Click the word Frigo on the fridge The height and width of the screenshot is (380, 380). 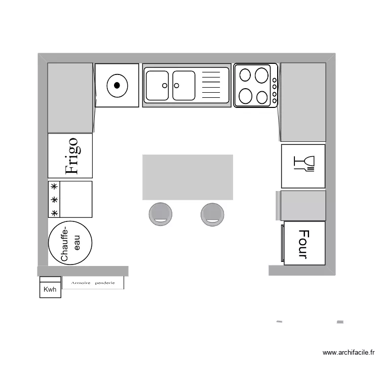click(x=71, y=156)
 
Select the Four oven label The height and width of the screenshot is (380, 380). click(x=303, y=244)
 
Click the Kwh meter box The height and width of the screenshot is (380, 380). click(x=50, y=290)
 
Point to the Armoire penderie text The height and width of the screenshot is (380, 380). click(x=93, y=283)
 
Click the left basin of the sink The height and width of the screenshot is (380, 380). click(x=157, y=85)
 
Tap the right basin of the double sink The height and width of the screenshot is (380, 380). click(x=183, y=85)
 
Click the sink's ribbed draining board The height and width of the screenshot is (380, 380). click(x=211, y=85)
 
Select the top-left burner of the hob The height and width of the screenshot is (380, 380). click(x=245, y=75)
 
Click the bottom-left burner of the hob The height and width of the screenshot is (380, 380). click(x=246, y=96)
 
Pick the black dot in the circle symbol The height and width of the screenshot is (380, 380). click(x=117, y=85)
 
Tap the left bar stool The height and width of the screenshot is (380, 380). click(x=160, y=213)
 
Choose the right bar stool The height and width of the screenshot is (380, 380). click(x=212, y=213)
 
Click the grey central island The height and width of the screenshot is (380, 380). click(x=187, y=177)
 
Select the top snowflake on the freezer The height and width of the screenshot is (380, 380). click(x=54, y=186)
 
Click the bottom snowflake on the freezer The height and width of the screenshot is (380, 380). click(x=54, y=212)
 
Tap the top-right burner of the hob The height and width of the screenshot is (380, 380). click(x=261, y=75)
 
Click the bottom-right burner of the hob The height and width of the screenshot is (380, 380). click(x=262, y=97)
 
